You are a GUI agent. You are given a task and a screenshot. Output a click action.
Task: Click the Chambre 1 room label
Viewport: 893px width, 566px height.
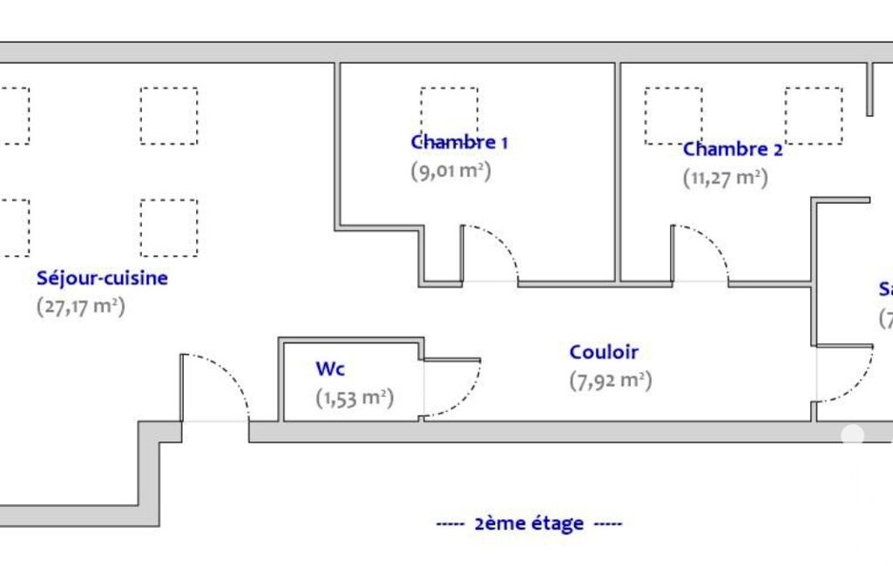coord(458,142)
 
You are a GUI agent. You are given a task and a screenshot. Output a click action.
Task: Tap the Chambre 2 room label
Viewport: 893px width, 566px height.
coord(732,149)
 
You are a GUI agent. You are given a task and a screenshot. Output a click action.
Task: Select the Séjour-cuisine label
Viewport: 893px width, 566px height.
coord(102,279)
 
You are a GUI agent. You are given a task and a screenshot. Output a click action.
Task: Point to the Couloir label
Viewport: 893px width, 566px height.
coord(604,353)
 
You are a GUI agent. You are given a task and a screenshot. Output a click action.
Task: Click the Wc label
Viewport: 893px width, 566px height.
coord(330,369)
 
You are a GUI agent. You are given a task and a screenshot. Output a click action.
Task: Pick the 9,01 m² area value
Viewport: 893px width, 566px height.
coord(450,171)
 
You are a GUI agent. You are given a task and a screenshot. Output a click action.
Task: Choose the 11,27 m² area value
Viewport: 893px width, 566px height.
coord(724,179)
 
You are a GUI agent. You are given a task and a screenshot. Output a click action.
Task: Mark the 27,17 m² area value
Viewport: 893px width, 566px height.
coord(80,307)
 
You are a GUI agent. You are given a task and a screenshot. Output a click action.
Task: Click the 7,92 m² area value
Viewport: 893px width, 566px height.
coord(610,381)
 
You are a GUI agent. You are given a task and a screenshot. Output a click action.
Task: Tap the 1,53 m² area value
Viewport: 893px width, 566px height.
coord(354,398)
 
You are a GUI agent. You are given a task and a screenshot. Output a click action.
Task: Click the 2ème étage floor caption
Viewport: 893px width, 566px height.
coord(530,523)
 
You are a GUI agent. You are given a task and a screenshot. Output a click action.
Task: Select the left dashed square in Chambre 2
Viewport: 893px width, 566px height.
coord(673,115)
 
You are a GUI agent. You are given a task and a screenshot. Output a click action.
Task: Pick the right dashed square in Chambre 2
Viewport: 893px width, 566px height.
coord(813,115)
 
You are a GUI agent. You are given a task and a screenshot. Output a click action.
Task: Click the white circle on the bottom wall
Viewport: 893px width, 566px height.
coord(852,435)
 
